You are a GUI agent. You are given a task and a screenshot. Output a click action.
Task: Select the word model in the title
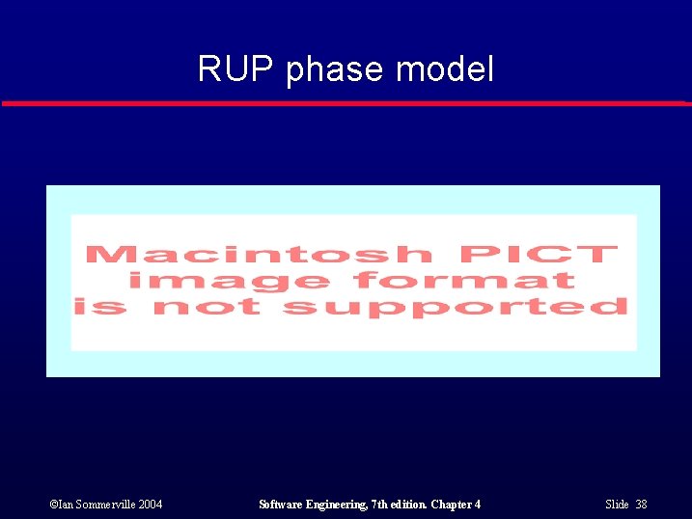coord(446,69)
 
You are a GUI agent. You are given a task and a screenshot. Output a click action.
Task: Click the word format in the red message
coord(465,281)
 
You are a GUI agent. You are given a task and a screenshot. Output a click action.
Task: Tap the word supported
coord(455,307)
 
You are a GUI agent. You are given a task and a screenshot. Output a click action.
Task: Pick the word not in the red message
coord(207,307)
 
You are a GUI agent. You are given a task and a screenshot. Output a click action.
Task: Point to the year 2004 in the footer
coord(150,505)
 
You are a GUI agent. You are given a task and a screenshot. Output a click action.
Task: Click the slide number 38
coord(641,505)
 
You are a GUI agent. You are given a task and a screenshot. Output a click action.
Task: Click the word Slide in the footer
coord(617,505)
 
